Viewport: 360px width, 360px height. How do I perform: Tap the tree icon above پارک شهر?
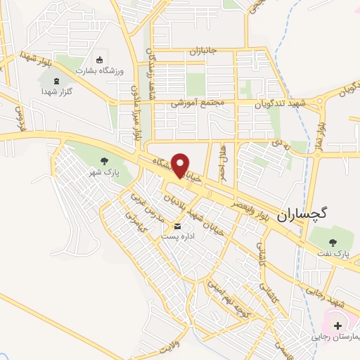[104, 161]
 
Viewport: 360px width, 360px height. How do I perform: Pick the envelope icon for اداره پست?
[176, 226]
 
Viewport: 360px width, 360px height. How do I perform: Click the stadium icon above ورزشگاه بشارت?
[99, 60]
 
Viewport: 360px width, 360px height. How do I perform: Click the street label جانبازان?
[204, 51]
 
